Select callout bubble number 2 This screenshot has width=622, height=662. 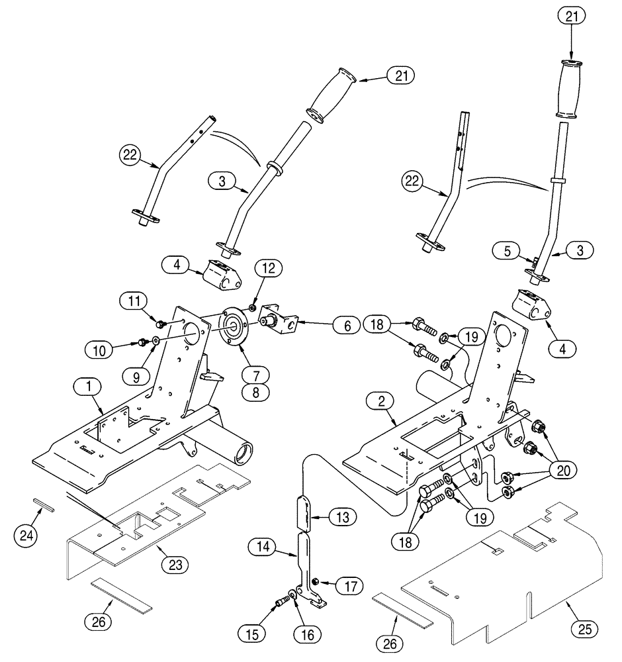[382, 401]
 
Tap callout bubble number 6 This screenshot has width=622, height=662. [347, 325]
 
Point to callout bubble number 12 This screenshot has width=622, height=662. [269, 268]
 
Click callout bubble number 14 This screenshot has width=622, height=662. [263, 546]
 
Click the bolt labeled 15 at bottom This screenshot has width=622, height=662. [282, 602]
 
